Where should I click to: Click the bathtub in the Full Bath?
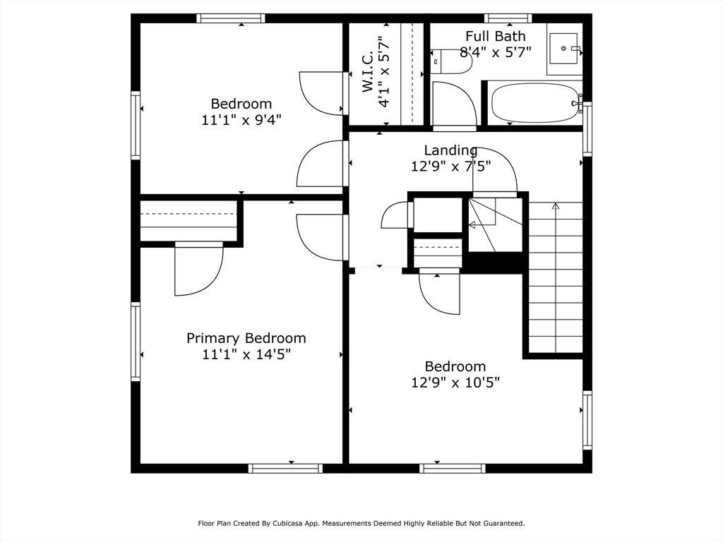(536, 102)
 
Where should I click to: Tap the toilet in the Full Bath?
(451, 62)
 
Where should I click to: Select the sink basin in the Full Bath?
(563, 49)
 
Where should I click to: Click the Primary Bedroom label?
(246, 338)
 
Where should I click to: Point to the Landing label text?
(450, 150)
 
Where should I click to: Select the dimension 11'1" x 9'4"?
(241, 120)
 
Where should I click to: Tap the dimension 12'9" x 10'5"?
(455, 383)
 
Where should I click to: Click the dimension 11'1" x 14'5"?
(246, 355)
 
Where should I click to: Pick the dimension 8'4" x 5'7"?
(496, 52)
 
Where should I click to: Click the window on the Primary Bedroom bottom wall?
(285, 469)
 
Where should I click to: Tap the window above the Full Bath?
(508, 18)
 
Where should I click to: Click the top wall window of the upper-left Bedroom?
(231, 18)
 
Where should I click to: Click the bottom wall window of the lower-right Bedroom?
(453, 469)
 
